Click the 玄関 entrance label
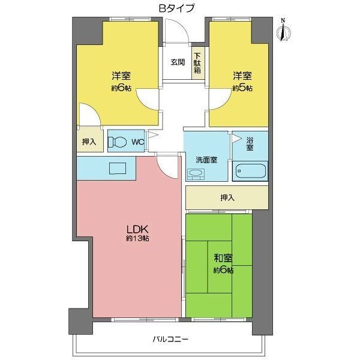[x=177, y=62]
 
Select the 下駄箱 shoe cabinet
[x=197, y=62]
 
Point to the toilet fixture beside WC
[x=118, y=142]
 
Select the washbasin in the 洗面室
[x=196, y=174]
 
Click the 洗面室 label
[x=206, y=160]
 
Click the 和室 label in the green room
[x=223, y=259]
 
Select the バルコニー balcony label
[x=171, y=340]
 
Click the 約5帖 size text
[x=243, y=88]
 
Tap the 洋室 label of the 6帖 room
[x=121, y=77]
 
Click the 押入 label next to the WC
[x=89, y=143]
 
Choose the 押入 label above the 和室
[x=227, y=197]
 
